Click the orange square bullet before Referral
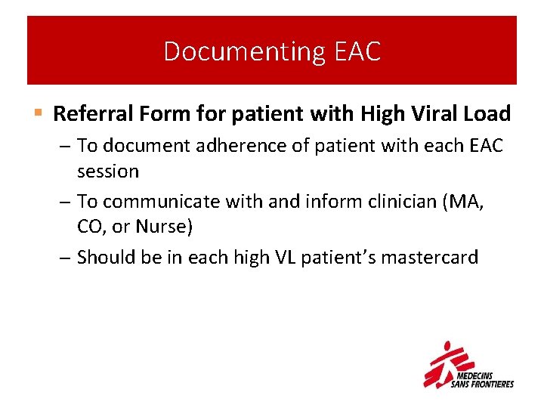point(38,114)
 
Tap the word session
point(108,171)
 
